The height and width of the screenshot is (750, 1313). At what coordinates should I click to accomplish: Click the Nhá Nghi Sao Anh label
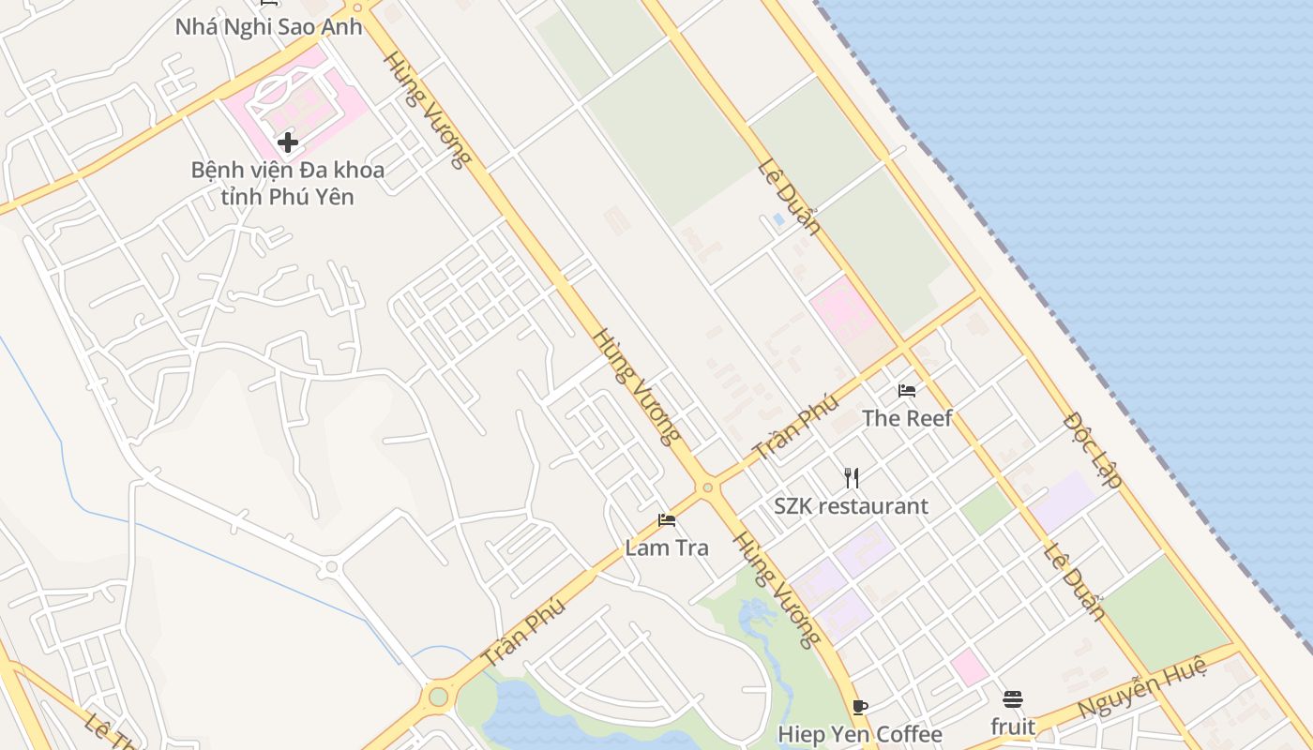coord(268,26)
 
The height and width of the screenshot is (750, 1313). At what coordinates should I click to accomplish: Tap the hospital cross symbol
coord(288,142)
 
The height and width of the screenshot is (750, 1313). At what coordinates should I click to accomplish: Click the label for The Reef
coord(907,418)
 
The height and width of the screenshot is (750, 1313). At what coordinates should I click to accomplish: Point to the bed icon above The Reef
coord(907,390)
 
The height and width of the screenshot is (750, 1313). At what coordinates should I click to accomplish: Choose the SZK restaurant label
coord(851,506)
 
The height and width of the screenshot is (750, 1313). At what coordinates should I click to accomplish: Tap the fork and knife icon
coord(852,478)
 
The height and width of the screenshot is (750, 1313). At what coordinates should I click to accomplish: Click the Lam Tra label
coord(667,547)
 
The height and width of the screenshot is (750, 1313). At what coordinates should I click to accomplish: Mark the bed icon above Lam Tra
coord(667,519)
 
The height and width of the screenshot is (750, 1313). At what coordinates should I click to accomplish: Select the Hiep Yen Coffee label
coord(860,734)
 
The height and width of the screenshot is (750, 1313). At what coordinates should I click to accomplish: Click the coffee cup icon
coord(860,707)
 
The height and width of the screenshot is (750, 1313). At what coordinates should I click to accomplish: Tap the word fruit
coord(1013,727)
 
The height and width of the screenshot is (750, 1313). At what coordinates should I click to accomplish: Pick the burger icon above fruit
coord(1013,699)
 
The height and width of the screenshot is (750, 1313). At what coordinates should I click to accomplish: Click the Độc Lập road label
coord(1093,449)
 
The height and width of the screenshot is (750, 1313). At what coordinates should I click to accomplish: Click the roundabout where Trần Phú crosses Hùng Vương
coord(707,487)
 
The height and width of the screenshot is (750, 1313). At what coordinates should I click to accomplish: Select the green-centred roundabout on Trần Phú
coord(438,697)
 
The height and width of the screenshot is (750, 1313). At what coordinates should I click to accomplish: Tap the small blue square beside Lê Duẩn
coord(778,219)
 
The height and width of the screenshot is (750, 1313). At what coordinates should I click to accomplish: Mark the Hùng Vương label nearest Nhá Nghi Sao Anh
coord(426,109)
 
